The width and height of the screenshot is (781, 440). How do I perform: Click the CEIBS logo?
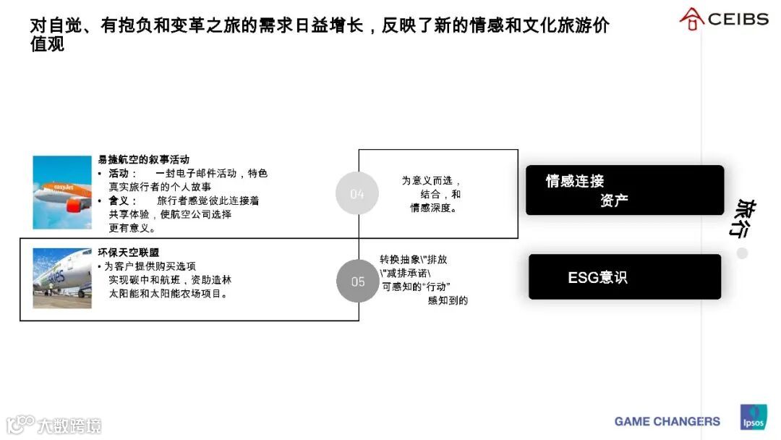(x=724, y=19)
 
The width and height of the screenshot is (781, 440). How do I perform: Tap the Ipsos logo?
(x=753, y=418)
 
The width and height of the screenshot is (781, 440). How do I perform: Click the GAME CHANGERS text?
(x=667, y=421)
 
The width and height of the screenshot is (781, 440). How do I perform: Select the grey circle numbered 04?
(x=357, y=193)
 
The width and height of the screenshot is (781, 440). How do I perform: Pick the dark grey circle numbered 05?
(x=358, y=281)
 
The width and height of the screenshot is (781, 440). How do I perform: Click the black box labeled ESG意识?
(x=625, y=276)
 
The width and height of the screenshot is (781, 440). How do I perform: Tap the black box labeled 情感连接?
(x=625, y=190)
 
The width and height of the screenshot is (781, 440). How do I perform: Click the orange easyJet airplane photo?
(x=62, y=192)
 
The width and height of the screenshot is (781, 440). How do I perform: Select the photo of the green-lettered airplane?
(x=62, y=279)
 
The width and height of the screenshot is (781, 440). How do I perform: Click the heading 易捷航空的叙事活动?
(x=144, y=160)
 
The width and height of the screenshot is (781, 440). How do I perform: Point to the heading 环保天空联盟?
(x=129, y=253)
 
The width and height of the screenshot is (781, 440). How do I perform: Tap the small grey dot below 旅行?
(x=742, y=253)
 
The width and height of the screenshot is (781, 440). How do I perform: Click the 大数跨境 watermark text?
(x=70, y=425)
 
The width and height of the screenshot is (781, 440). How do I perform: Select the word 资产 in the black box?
(x=614, y=200)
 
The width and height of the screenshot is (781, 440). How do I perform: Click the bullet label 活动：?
(x=123, y=174)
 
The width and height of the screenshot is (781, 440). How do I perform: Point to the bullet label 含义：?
(x=123, y=200)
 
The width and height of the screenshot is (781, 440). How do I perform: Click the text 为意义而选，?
(x=432, y=181)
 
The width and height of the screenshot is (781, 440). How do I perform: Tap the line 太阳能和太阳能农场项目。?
(x=169, y=294)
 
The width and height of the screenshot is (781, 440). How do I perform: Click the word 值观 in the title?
(x=47, y=45)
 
